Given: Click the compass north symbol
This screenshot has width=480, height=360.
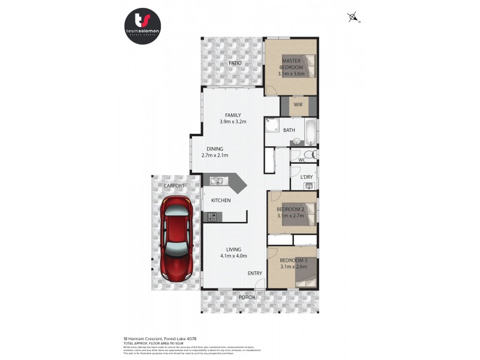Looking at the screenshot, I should pyautogui.click(x=353, y=17).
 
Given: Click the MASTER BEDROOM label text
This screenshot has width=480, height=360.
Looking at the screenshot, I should pyautogui.click(x=291, y=64).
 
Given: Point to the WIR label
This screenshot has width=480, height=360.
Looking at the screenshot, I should pyautogui.click(x=298, y=105).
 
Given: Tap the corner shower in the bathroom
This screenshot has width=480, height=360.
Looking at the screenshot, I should pyautogui.click(x=273, y=126).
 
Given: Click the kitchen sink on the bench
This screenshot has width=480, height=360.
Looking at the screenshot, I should pyautogui.click(x=217, y=180).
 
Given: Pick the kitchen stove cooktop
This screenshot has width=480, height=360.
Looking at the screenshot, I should pyautogui.click(x=212, y=216).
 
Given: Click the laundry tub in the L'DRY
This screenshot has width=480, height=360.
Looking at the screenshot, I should pyautogui.click(x=309, y=186).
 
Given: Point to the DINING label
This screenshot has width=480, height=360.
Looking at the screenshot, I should pyautogui.click(x=215, y=149).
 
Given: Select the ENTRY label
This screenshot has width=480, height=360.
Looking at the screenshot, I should pyautogui.click(x=255, y=274).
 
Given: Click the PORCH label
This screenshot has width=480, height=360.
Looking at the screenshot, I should pyautogui.click(x=247, y=297).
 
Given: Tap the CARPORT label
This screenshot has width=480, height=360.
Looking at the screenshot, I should pyautogui.click(x=175, y=186).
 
